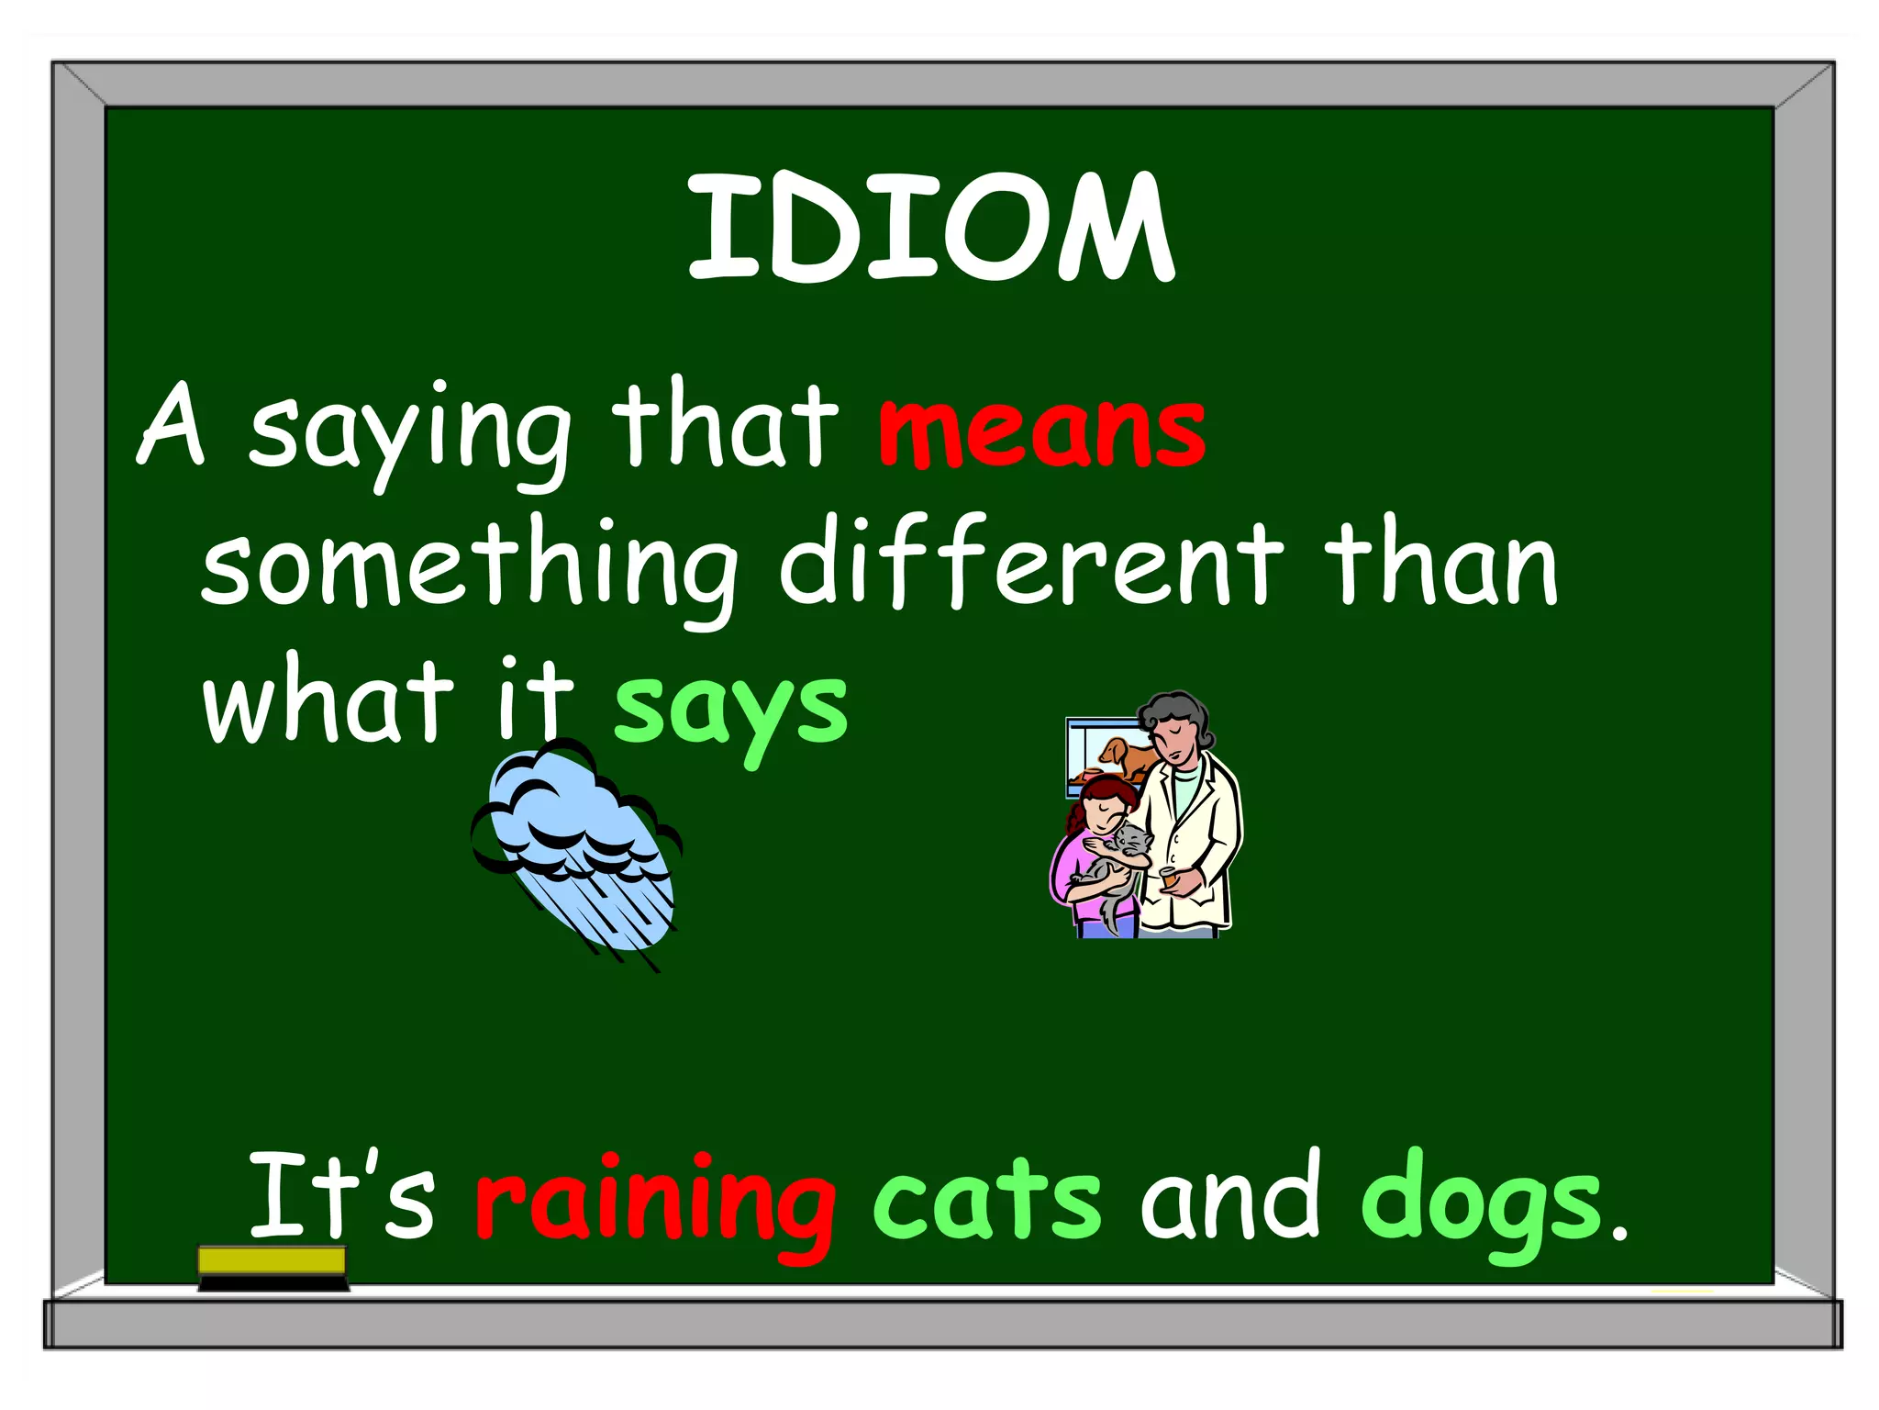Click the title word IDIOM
pyautogui.click(x=930, y=228)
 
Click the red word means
pyautogui.click(x=1041, y=431)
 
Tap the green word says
pyautogui.click(x=730, y=711)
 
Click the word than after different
pyautogui.click(x=1440, y=565)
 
